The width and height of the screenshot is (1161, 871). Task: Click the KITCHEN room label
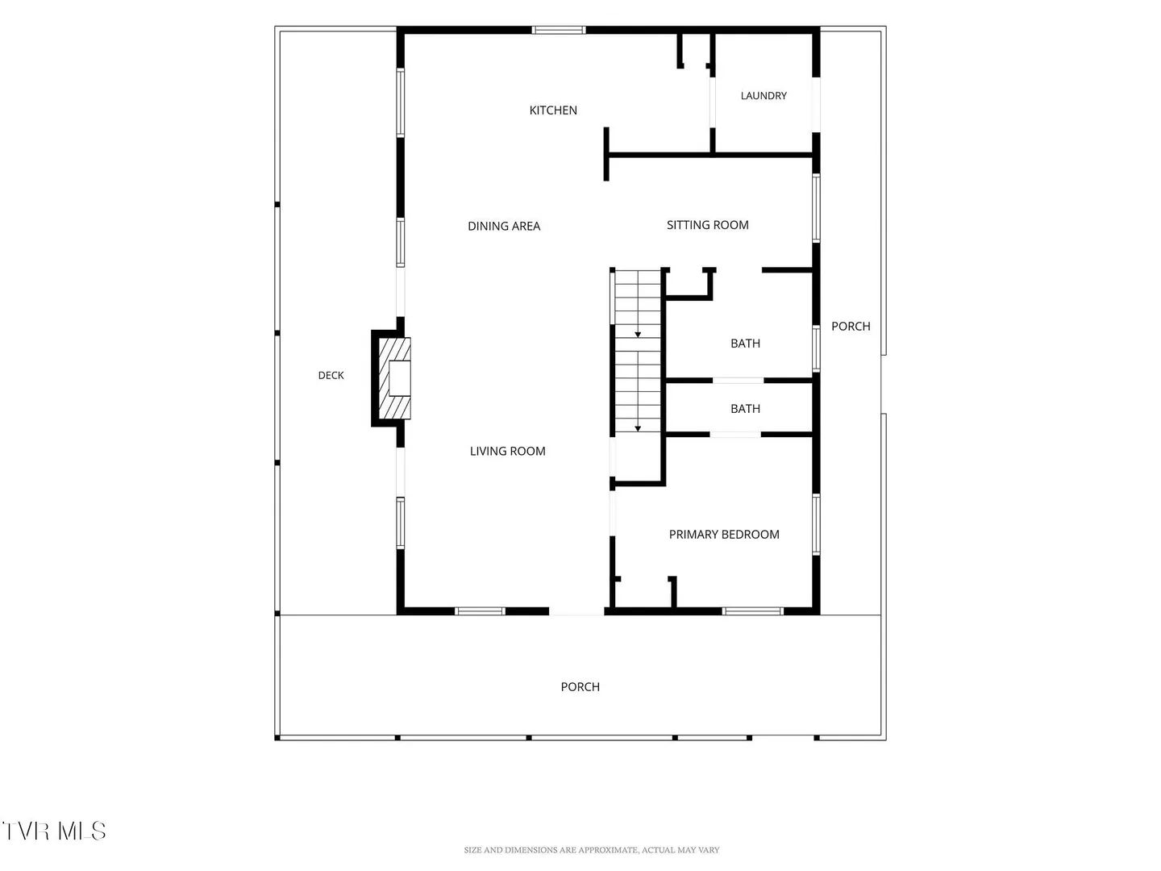(553, 110)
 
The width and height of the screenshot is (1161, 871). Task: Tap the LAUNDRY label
(764, 96)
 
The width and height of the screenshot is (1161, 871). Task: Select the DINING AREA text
(504, 226)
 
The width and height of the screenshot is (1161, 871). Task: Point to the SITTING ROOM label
(707, 225)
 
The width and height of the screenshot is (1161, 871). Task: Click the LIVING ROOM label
(507, 451)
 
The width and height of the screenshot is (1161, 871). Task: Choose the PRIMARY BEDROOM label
(723, 534)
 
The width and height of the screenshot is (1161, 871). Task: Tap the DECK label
(331, 375)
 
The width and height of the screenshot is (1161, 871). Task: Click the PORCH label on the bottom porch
(580, 686)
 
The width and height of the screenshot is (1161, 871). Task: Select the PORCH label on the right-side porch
(851, 326)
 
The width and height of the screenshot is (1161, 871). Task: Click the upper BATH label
(745, 344)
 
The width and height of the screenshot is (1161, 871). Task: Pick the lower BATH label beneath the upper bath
(745, 408)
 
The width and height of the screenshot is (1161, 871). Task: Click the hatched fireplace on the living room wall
(394, 378)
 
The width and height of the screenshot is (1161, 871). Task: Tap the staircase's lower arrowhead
(638, 429)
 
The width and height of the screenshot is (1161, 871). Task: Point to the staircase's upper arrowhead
(638, 335)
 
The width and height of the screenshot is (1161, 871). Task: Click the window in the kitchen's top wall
(558, 30)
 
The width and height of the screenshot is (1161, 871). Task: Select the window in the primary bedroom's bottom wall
(752, 611)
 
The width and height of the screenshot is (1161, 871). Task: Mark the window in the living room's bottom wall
(480, 611)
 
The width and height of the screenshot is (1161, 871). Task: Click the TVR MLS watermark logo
(53, 831)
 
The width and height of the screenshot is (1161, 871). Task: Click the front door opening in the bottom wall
(576, 611)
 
